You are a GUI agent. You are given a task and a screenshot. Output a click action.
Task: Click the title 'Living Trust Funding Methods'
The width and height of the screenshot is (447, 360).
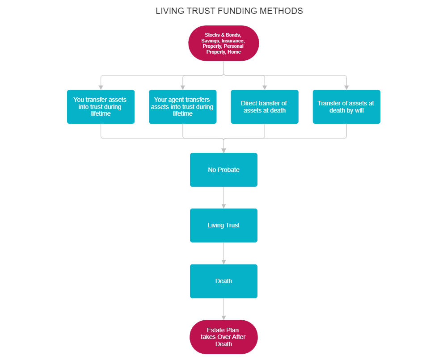click(229, 11)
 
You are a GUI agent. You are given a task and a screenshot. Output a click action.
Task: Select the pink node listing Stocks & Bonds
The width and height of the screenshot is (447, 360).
click(223, 43)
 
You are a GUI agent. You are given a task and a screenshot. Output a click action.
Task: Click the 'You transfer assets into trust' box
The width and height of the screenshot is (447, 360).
click(101, 107)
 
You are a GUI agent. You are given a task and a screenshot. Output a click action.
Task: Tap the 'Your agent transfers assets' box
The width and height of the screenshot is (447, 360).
click(182, 107)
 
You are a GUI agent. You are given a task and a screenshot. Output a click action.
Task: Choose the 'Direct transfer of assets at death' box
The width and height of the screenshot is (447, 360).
click(264, 107)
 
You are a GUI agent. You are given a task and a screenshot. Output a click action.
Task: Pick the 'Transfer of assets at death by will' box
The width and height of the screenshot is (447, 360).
click(346, 107)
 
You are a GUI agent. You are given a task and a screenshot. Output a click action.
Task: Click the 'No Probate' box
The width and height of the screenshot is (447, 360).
click(223, 170)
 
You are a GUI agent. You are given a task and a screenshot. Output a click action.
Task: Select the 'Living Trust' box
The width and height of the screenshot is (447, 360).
click(223, 225)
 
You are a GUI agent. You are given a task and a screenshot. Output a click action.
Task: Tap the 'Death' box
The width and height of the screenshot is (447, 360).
click(223, 281)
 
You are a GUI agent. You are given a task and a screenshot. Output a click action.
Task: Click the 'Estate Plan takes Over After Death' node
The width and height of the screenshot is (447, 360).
click(223, 337)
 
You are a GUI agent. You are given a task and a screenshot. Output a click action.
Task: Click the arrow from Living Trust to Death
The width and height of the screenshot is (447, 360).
click(223, 253)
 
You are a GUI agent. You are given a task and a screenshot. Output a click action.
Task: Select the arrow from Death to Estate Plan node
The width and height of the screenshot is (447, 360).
click(223, 309)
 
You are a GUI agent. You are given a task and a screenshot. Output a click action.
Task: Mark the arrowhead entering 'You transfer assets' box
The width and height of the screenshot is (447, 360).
click(101, 87)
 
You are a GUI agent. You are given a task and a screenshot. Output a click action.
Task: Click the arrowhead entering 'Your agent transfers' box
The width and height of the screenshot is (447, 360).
click(183, 87)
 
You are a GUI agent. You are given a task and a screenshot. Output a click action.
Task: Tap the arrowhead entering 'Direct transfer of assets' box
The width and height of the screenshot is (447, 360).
click(265, 87)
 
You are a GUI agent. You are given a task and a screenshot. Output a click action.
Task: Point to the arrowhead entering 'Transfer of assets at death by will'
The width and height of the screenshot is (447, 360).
click(346, 87)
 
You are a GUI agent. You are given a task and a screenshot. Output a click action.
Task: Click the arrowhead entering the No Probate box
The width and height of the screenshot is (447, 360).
click(223, 150)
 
